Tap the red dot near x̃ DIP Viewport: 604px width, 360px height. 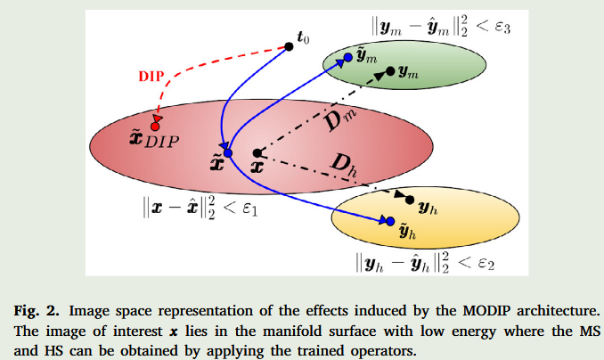(x=155, y=126)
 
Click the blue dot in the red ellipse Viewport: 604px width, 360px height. (x=227, y=154)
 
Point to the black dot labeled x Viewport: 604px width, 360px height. (x=257, y=152)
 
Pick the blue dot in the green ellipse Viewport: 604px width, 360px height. (x=337, y=57)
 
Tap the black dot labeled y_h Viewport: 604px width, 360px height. (x=411, y=202)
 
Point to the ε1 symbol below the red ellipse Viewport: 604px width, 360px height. (x=249, y=215)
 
